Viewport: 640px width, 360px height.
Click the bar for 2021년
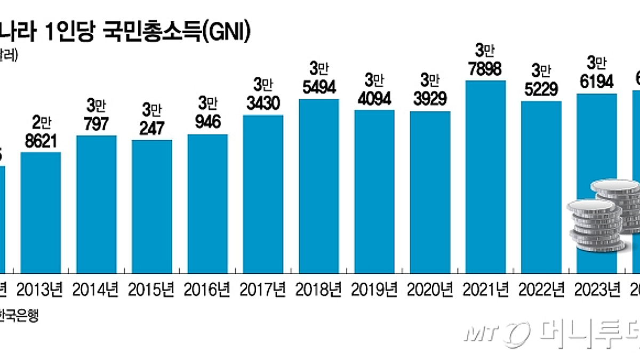coord(485,176)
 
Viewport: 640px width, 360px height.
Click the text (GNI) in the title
coord(226,33)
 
